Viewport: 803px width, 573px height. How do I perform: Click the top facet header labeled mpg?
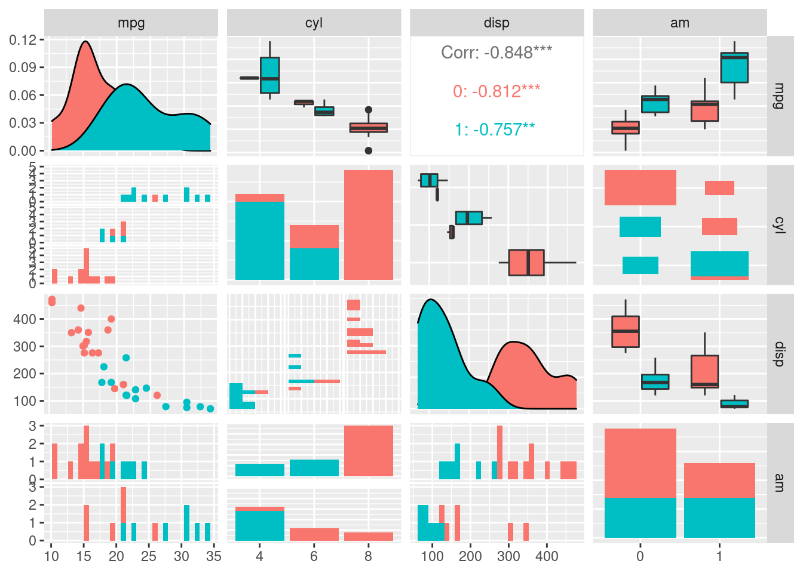point(131,23)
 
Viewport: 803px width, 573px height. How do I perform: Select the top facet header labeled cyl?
point(314,23)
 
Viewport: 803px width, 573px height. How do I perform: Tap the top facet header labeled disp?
point(496,23)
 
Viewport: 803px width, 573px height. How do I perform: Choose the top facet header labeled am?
point(680,23)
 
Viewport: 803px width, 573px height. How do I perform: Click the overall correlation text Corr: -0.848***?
point(496,53)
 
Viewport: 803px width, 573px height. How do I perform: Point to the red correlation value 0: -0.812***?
point(496,91)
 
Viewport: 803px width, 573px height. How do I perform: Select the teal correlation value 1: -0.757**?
point(495,130)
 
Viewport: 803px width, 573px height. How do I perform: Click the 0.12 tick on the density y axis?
point(23,40)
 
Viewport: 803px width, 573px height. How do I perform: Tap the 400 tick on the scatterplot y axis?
point(25,319)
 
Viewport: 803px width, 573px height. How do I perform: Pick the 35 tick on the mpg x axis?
point(213,556)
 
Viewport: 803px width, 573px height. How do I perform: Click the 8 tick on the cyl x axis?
point(368,556)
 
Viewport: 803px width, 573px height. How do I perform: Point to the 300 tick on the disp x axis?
point(508,556)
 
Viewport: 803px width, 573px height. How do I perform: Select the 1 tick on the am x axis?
point(719,556)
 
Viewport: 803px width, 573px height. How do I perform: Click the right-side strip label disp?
point(779,355)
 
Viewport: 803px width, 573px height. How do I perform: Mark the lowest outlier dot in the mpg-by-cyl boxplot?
point(369,150)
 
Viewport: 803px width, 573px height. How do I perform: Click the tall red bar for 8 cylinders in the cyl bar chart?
point(369,225)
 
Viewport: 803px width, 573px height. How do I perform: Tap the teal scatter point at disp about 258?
point(126,358)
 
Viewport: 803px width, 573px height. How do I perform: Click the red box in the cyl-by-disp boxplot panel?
point(526,263)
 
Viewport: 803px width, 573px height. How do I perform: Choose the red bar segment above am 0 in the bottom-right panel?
point(640,463)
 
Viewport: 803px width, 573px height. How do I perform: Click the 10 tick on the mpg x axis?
point(52,556)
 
